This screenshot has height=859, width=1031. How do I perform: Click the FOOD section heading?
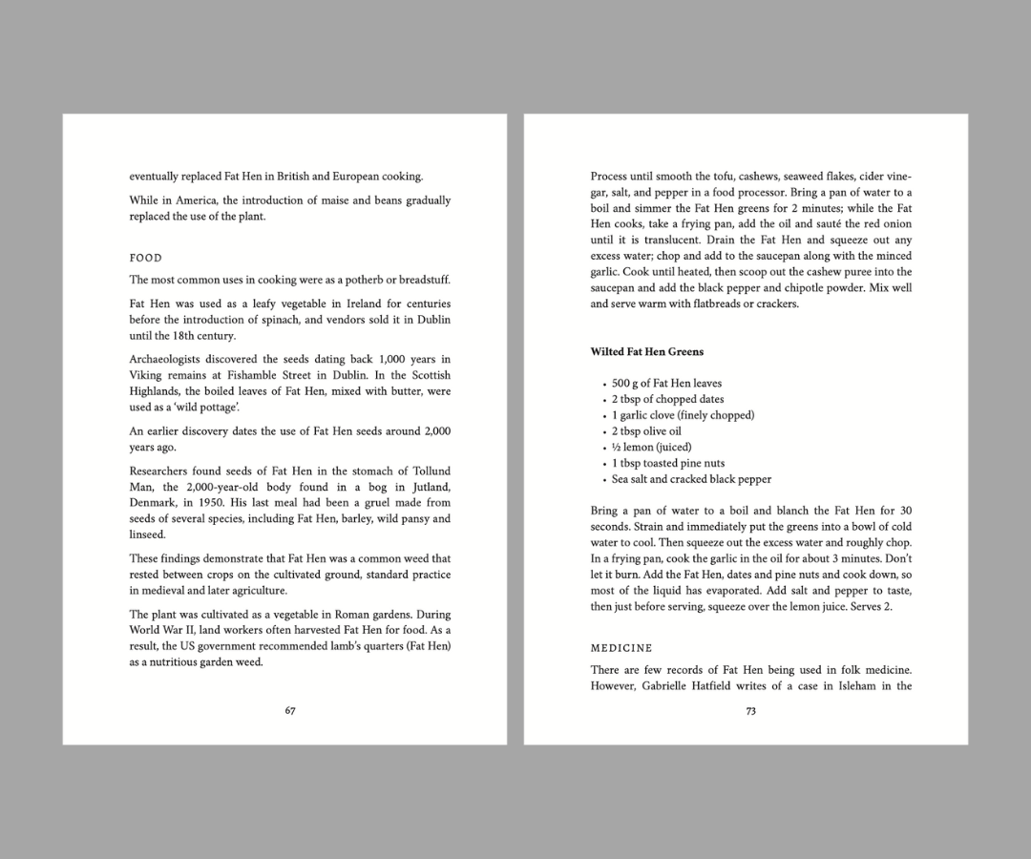coord(146,258)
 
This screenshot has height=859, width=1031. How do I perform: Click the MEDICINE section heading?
coord(621,648)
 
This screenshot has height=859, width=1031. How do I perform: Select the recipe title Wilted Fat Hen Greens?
coord(646,351)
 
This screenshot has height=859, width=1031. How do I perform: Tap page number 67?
coord(290,710)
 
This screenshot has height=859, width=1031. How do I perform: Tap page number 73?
coord(750,710)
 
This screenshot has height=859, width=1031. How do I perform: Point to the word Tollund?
coord(431,471)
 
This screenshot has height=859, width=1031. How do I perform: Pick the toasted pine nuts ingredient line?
coord(668,463)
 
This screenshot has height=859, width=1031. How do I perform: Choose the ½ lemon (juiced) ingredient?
coord(651,447)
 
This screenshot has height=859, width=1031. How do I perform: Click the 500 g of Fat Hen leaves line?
coord(666,383)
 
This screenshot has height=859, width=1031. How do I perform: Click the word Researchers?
coord(160,471)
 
